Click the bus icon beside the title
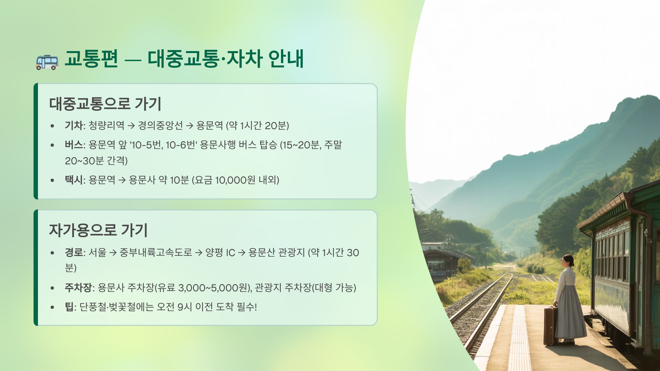tap(47, 62)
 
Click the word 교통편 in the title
tap(91, 59)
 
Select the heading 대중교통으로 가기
tap(105, 104)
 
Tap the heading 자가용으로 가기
tap(98, 230)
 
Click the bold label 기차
tap(74, 126)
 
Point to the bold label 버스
tap(74, 145)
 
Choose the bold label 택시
tap(74, 180)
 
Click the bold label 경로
tap(74, 252)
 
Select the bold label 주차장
tap(78, 288)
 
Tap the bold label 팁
tap(69, 307)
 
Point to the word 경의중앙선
tap(160, 126)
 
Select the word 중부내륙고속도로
tap(156, 252)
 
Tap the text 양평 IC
tap(220, 252)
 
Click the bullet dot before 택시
tap(52, 180)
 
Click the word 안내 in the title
tap(286, 59)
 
